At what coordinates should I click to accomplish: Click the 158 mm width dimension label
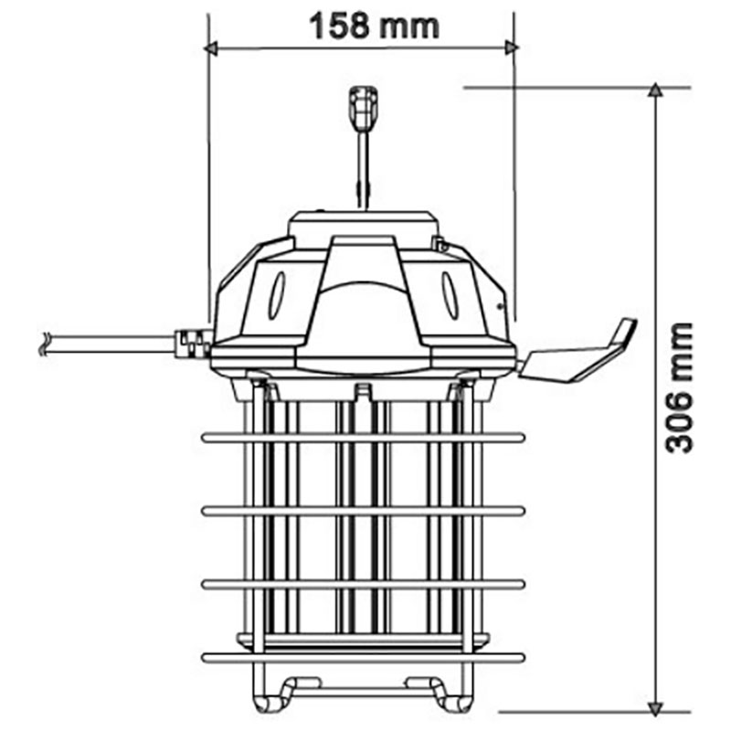(x=374, y=25)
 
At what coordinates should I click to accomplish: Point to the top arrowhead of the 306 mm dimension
(x=655, y=92)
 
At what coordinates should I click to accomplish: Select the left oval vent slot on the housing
(x=277, y=295)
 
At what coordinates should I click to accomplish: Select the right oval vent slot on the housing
(x=450, y=295)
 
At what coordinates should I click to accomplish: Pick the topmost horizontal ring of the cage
(x=363, y=438)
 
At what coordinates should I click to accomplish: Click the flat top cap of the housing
(x=363, y=223)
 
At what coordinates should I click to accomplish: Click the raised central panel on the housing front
(x=363, y=302)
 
